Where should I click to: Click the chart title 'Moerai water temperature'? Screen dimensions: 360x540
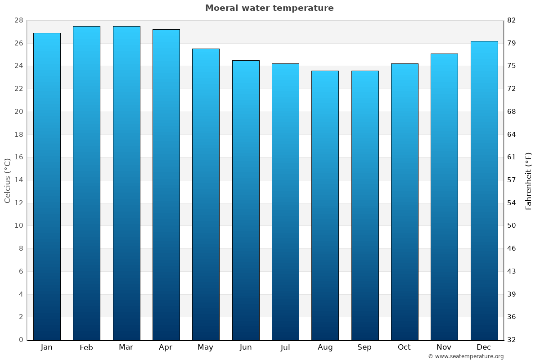(269, 8)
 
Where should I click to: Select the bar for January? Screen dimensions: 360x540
(47, 186)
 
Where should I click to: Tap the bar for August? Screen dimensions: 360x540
(325, 205)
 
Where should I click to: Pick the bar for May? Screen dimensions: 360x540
(206, 194)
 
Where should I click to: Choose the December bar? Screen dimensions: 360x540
(484, 190)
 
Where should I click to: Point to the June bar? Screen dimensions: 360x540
(246, 200)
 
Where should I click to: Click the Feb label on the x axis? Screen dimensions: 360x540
(86, 347)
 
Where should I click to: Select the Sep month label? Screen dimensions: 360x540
(364, 347)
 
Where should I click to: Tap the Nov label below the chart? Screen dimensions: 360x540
(444, 347)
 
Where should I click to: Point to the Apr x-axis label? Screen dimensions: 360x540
(166, 347)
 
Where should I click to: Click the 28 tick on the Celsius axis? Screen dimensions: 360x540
(18, 21)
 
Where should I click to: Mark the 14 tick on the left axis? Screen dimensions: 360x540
(18, 180)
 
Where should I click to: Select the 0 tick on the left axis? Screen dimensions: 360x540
(21, 340)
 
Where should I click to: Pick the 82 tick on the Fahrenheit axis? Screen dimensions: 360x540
(512, 21)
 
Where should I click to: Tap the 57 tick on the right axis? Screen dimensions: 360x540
(512, 180)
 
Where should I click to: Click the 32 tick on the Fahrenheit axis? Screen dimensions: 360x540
(512, 340)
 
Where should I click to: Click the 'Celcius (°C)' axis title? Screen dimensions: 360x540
(8, 180)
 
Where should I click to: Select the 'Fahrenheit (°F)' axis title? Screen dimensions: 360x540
(528, 181)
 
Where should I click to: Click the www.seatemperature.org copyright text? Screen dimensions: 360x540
(466, 356)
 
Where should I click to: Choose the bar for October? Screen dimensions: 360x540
(405, 202)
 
